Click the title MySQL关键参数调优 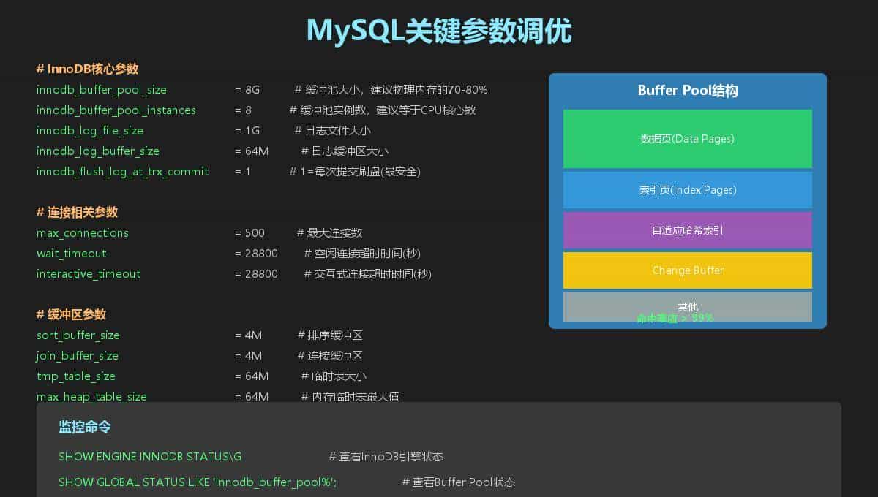(x=438, y=31)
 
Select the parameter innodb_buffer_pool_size (x=102, y=90)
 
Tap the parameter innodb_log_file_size (x=90, y=131)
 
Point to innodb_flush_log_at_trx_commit (x=123, y=172)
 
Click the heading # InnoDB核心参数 (x=87, y=69)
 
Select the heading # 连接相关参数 (x=77, y=213)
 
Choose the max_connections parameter (x=83, y=233)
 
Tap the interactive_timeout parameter (x=89, y=274)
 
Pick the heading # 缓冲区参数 (x=71, y=314)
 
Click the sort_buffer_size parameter (x=78, y=335)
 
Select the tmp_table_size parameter (x=76, y=376)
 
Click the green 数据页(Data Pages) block (x=687, y=139)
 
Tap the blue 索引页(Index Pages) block (x=687, y=190)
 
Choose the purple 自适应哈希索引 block (x=687, y=230)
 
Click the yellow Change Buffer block (x=687, y=270)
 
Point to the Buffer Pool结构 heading (x=687, y=91)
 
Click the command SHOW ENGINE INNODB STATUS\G (x=150, y=457)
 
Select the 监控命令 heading (x=85, y=427)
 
